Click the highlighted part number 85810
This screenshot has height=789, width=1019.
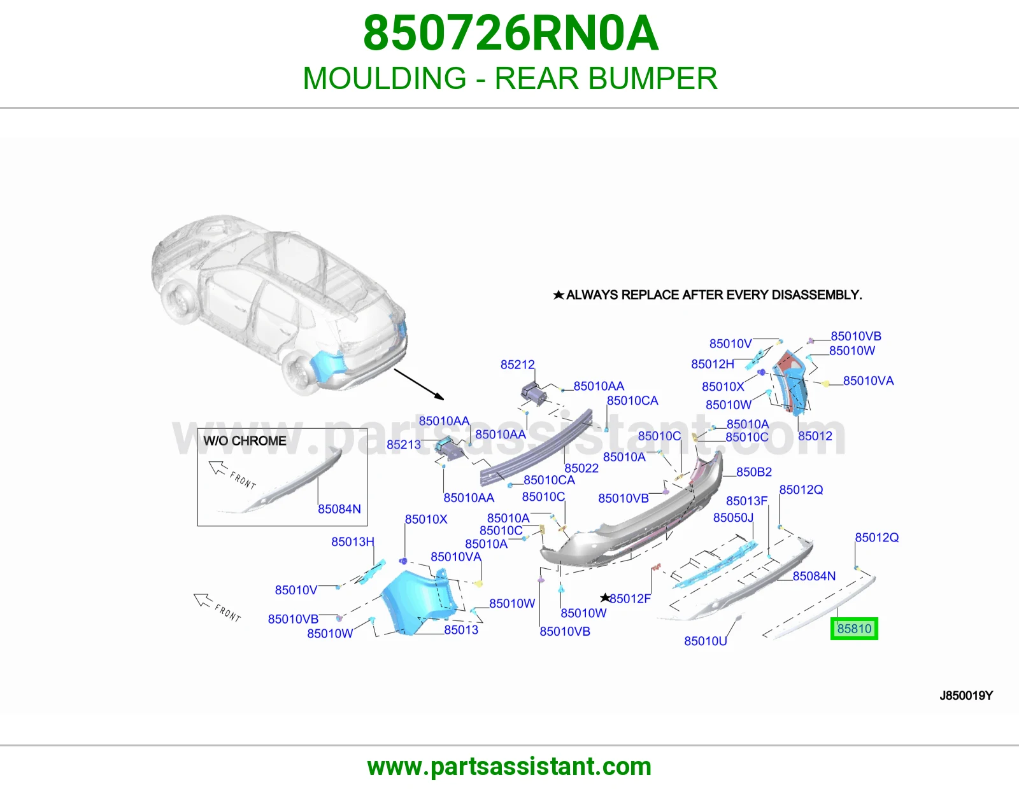point(854,628)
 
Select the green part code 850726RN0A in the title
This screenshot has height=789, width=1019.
point(511,33)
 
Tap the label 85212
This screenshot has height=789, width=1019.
point(517,364)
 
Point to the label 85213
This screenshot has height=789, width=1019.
point(403,444)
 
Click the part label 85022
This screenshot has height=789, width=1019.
point(581,468)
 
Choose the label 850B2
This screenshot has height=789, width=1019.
point(753,471)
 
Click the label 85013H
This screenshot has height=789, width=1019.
point(353,541)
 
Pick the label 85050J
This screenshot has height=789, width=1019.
point(733,517)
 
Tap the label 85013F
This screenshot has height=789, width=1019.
point(746,500)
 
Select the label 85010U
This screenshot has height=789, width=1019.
point(705,641)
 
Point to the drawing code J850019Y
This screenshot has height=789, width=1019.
point(966,695)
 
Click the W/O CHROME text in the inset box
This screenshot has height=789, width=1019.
point(245,440)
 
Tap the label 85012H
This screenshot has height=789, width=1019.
point(712,363)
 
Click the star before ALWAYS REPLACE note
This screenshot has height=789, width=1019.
point(558,295)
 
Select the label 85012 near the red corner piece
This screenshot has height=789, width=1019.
point(815,436)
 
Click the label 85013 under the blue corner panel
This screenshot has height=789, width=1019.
point(461,629)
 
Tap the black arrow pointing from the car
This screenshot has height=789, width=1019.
point(419,384)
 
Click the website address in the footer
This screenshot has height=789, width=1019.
point(509,767)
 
